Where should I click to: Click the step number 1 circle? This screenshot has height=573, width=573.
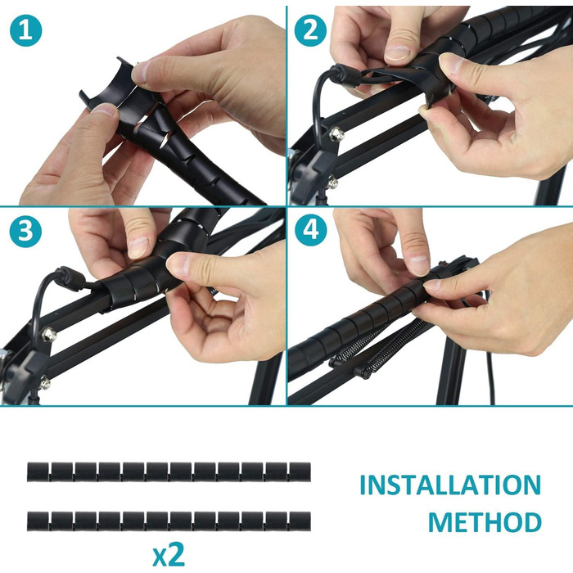point(25,30)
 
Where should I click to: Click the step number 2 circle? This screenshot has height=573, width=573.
point(310,30)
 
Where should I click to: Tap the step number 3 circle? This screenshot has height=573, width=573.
point(25,232)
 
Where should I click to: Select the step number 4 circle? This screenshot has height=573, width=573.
point(310,230)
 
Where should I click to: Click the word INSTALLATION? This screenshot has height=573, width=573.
point(450,485)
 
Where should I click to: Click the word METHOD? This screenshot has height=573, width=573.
point(485,522)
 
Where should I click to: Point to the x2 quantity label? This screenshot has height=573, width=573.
point(169,555)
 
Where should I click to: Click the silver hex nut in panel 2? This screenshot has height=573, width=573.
point(336,135)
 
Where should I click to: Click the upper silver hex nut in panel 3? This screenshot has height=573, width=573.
point(48,335)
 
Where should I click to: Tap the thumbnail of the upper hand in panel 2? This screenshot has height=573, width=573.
point(398,52)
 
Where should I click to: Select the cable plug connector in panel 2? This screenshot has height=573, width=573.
point(345,74)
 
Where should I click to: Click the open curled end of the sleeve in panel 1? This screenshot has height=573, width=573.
point(105,84)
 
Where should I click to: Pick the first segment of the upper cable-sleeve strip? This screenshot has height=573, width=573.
point(38,471)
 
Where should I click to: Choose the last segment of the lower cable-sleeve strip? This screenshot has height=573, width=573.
point(300,521)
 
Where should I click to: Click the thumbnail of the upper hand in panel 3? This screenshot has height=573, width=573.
point(139,247)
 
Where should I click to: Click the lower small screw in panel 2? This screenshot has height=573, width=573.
point(332,183)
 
